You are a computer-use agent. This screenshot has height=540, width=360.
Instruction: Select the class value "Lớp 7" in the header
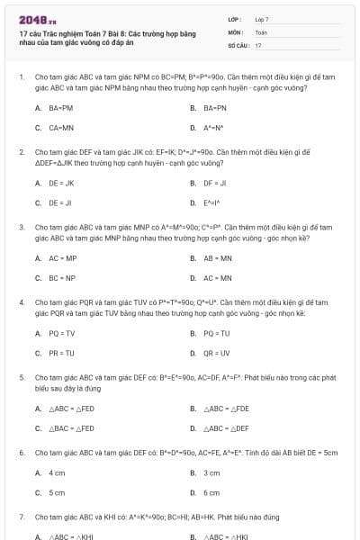[x=262, y=19]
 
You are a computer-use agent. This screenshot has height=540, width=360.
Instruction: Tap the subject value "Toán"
[x=261, y=31]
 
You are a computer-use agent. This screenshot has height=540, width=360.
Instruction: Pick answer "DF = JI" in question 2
[x=215, y=183]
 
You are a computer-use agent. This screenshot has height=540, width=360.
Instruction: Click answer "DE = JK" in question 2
[x=60, y=183]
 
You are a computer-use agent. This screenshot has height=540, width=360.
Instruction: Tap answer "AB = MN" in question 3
[x=217, y=258]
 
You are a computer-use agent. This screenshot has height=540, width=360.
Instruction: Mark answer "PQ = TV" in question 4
[x=61, y=333]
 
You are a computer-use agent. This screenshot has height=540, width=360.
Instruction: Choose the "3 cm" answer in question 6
[x=211, y=472]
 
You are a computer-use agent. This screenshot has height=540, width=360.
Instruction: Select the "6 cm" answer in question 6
[x=211, y=493]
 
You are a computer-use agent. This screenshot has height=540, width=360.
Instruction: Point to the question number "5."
[x=21, y=379]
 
